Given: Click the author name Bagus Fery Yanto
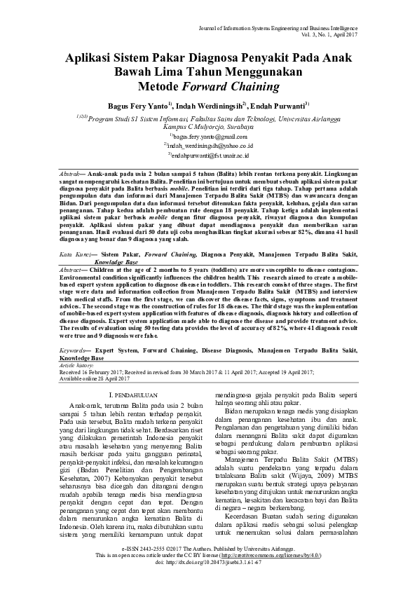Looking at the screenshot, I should pyautogui.click(x=136, y=106).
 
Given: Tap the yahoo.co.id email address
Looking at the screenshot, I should pyautogui.click(x=208, y=145).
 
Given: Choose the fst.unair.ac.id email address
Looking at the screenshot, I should pyautogui.click(x=208, y=154).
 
